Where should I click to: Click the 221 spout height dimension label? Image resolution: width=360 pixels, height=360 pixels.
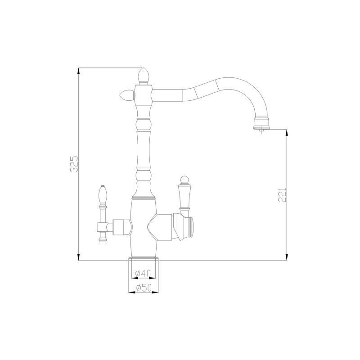283,194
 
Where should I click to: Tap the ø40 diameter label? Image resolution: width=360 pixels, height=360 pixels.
143,273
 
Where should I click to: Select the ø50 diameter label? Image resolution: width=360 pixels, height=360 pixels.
143,288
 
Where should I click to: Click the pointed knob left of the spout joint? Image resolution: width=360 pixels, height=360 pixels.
126,94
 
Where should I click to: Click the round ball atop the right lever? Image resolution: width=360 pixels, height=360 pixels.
184,180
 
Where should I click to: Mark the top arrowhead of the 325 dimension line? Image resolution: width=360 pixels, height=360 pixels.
79,70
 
